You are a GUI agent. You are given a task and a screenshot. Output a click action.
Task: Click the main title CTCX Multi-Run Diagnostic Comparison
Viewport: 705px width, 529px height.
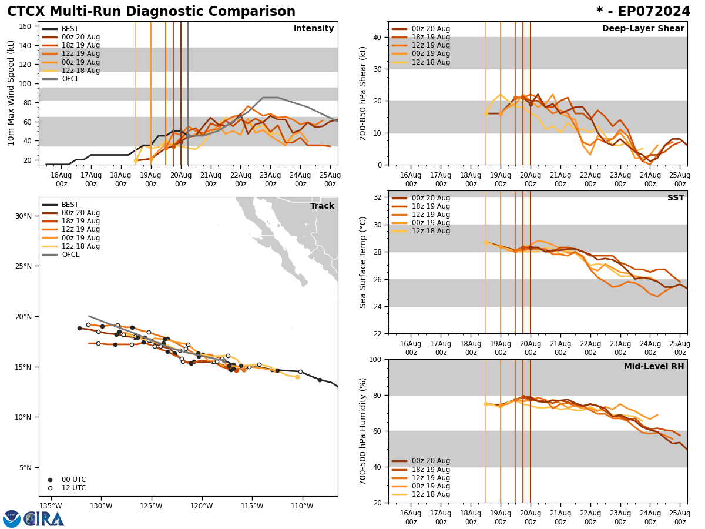point(151,12)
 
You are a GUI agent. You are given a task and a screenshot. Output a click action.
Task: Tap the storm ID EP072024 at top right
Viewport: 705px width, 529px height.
point(643,12)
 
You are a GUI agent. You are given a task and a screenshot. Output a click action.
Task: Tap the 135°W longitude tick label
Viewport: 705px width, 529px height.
point(51,505)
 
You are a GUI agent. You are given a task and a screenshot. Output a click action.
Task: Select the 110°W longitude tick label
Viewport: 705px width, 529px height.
point(301,505)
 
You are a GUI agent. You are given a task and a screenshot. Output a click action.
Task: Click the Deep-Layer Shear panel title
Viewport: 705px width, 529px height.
point(643,29)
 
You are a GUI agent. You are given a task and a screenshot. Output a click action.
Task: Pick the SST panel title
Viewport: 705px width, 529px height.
point(676,198)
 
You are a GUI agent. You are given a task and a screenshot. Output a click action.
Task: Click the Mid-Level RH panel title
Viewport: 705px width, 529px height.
point(654,367)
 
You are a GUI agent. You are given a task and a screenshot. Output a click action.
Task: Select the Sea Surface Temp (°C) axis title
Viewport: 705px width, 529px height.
point(364,262)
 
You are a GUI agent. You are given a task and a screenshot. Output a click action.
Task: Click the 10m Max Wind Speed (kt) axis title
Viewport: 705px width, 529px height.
point(11,93)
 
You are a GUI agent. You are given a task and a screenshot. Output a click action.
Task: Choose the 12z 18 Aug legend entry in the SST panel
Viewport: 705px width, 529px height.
point(431,231)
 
